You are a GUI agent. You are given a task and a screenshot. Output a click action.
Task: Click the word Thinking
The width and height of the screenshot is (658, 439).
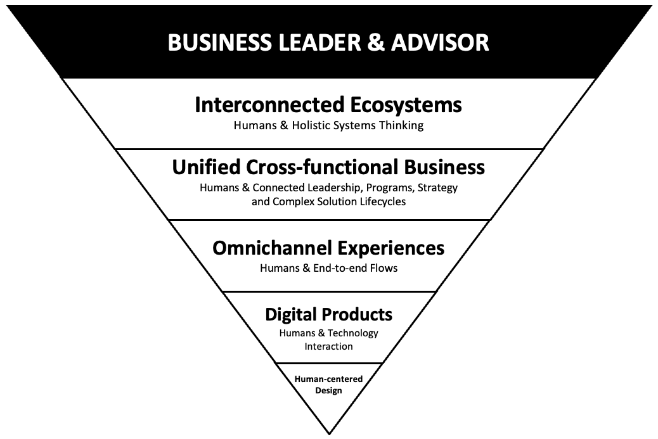[x=401, y=125]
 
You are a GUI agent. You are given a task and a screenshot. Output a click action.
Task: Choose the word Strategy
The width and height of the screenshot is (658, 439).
[x=437, y=188]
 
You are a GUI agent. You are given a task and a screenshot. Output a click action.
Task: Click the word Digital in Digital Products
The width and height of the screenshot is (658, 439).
[x=290, y=314]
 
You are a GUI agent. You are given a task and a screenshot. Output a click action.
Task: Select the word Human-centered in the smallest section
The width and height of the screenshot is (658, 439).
[x=328, y=379]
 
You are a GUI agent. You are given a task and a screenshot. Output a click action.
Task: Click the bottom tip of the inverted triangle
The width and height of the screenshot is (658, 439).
[x=329, y=433]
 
